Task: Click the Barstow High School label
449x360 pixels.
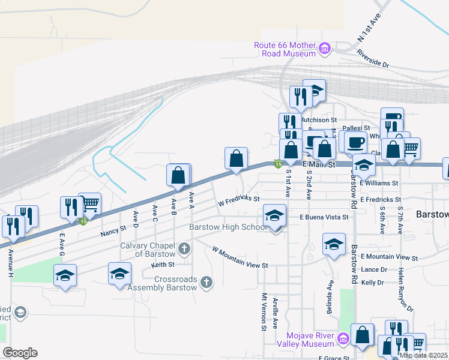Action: (x=228, y=227)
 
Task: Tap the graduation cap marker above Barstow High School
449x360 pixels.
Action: (x=275, y=215)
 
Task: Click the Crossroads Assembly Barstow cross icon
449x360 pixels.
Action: (x=206, y=282)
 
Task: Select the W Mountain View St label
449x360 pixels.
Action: (x=240, y=257)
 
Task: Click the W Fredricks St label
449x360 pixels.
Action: (x=238, y=201)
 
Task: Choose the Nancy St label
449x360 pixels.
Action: (x=113, y=230)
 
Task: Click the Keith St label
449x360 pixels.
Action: (x=163, y=264)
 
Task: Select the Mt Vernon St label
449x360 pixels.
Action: (x=264, y=312)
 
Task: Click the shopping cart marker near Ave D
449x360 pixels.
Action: (x=89, y=204)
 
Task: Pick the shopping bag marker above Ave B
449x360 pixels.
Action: (x=178, y=175)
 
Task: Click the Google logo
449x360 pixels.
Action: (x=20, y=353)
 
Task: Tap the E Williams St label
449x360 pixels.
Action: (x=379, y=182)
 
